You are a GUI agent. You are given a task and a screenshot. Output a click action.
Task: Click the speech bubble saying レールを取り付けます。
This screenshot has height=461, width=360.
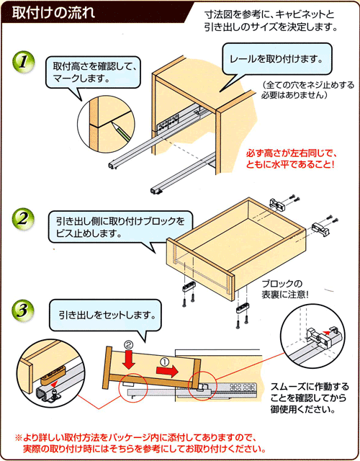[x=277, y=58]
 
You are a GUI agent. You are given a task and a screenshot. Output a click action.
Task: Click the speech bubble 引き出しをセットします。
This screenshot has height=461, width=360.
[x=107, y=315]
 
